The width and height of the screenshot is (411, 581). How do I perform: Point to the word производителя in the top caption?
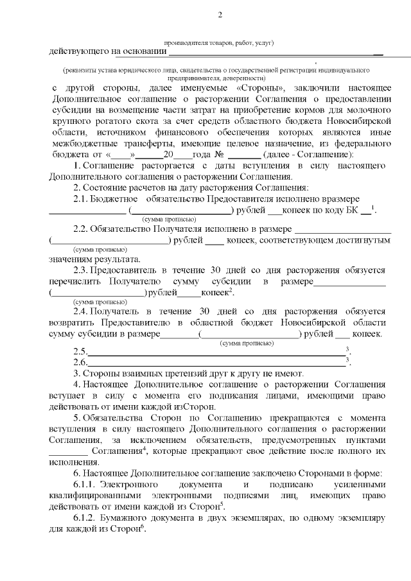[186, 43]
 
